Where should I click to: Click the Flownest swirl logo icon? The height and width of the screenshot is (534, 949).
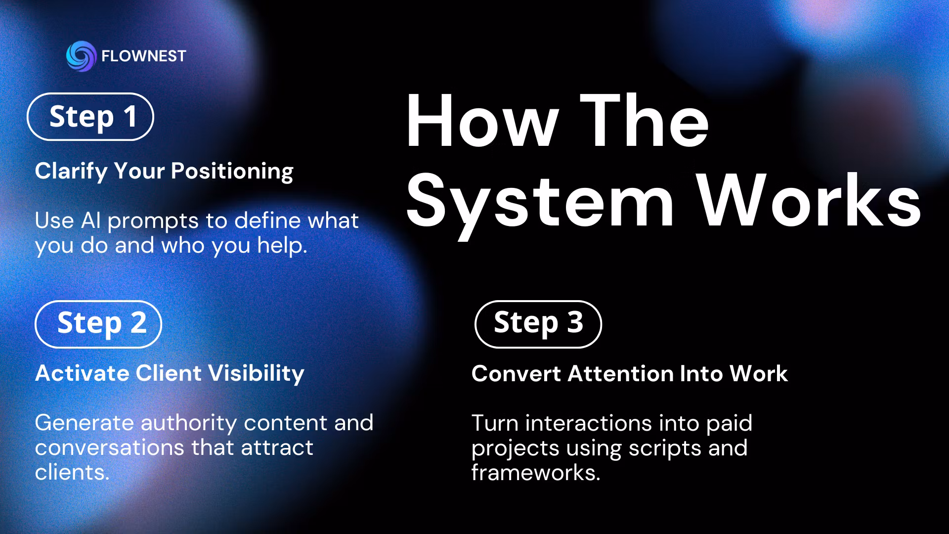pos(81,56)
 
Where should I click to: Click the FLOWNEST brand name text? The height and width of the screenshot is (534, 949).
pos(143,56)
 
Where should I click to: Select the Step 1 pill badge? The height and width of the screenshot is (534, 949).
pos(90,117)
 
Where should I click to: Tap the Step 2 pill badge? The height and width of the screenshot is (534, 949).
pos(98,324)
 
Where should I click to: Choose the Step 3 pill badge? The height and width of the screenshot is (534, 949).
pos(538,324)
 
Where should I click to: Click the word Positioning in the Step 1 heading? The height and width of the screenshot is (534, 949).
pos(232,172)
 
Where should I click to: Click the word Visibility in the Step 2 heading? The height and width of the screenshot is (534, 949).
pos(256,374)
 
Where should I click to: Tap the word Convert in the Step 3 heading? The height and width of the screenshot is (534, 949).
pos(516,374)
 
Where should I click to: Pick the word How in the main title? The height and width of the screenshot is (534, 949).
pos(482,121)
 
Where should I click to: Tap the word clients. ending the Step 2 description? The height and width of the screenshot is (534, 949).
pos(72,472)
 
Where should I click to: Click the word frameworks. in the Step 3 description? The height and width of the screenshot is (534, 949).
pos(536,473)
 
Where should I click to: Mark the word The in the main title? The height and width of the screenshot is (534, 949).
pos(645,121)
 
